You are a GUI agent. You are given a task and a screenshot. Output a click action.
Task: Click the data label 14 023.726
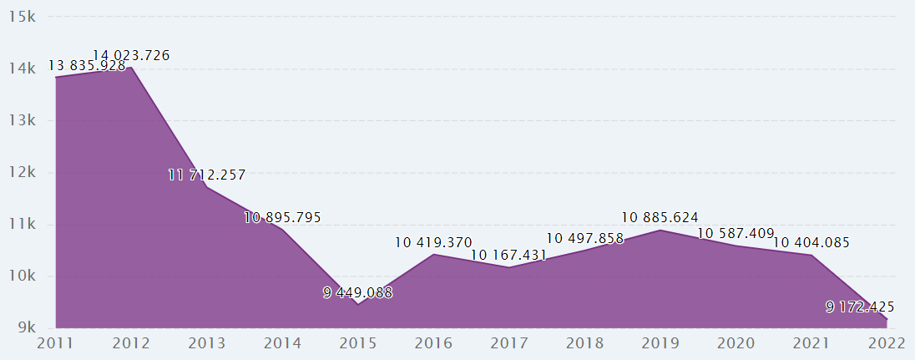point(131,56)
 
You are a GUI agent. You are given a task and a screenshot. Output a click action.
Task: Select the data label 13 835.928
point(87,65)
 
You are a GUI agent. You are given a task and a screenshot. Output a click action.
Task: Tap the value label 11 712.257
point(207,175)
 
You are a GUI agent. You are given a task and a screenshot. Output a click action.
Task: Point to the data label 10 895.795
point(282,217)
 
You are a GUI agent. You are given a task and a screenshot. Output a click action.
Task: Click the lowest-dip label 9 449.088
point(357,292)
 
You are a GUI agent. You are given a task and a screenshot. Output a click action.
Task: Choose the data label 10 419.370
point(433,242)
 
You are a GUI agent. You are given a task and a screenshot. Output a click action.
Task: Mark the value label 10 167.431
point(508,255)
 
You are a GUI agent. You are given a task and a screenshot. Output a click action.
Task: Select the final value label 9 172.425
point(860,307)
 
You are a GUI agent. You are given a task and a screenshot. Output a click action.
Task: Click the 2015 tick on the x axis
point(357,343)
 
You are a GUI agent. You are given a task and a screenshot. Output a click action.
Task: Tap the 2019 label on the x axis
point(660,343)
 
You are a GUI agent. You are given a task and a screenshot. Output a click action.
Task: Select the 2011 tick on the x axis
point(55,343)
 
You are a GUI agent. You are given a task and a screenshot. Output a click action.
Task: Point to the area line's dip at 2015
point(357,304)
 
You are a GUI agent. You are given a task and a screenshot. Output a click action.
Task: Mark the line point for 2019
point(660,230)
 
